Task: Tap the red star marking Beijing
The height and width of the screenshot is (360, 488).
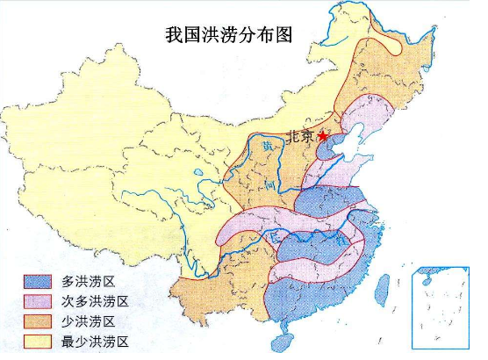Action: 327,136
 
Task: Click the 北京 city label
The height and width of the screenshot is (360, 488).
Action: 301,136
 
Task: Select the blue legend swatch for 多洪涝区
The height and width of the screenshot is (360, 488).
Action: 39,282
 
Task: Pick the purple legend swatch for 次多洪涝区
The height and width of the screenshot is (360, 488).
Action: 39,301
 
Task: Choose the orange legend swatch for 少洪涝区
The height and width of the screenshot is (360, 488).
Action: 39,320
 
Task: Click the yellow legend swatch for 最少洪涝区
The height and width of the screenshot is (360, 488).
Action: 39,340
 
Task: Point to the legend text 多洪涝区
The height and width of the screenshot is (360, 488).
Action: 89,282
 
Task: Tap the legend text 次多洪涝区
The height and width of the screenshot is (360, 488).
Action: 95,301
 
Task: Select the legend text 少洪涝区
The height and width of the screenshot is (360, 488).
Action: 89,320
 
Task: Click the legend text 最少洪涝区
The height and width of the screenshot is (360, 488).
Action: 95,340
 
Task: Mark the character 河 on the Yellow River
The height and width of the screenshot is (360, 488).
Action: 274,187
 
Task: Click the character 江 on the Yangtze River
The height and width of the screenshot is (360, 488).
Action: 338,239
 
